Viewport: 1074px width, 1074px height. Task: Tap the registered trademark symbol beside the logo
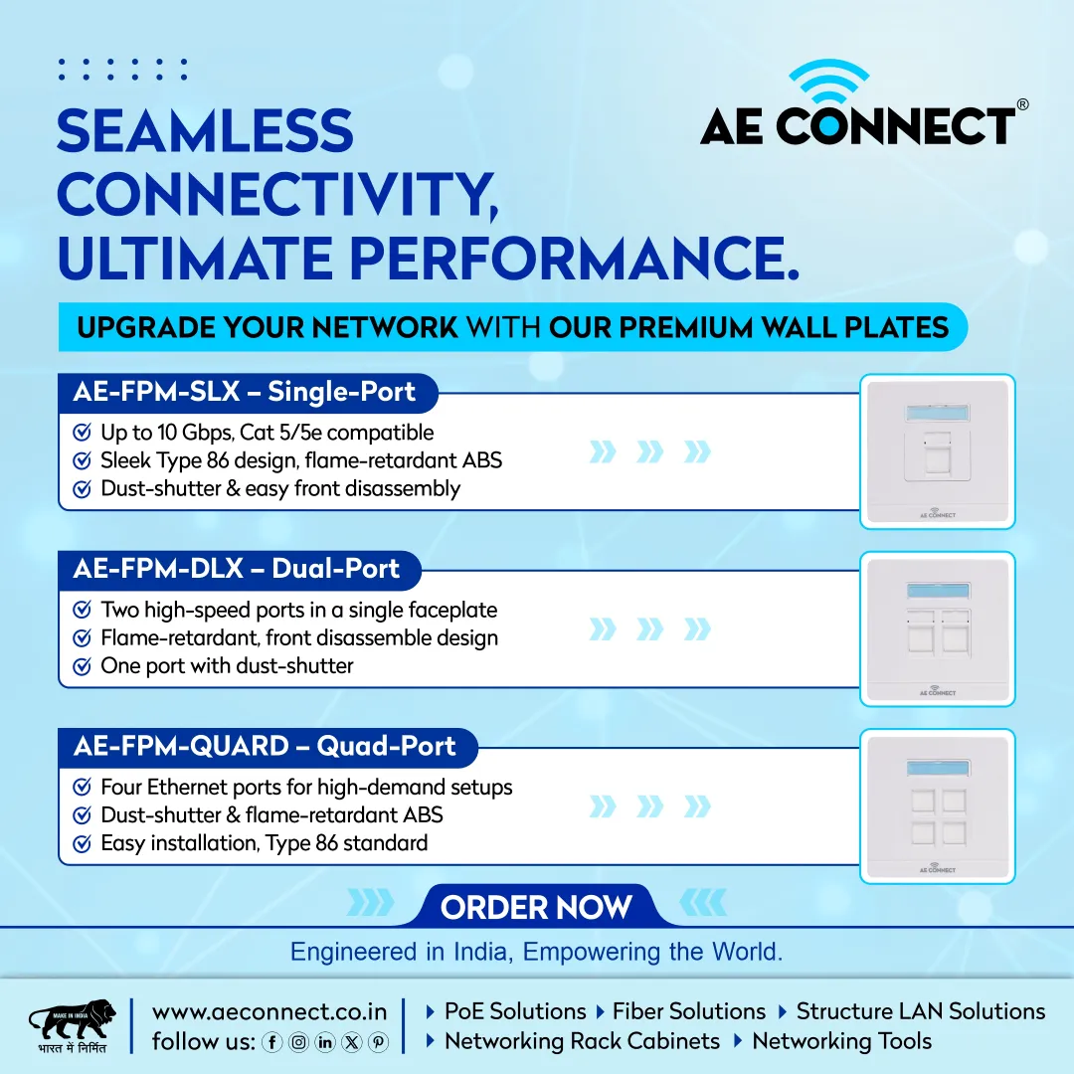(1022, 104)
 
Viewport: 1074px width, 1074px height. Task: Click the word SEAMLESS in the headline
(205, 131)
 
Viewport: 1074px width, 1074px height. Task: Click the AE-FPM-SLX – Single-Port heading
(245, 392)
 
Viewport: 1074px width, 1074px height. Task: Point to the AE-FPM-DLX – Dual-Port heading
(237, 569)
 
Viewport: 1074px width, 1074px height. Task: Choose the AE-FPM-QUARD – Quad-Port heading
(265, 746)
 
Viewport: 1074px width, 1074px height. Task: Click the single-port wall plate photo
(937, 451)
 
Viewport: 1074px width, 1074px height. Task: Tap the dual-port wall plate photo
(937, 628)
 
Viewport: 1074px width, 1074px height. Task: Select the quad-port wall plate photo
(937, 806)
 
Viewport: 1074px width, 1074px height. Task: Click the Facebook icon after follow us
(271, 1042)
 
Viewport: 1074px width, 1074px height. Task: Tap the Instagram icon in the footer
(298, 1042)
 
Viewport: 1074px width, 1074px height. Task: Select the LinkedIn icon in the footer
(324, 1042)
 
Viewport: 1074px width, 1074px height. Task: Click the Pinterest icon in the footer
(378, 1042)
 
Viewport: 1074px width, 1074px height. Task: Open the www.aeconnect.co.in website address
(269, 1011)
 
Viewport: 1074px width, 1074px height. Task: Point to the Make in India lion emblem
(72, 1020)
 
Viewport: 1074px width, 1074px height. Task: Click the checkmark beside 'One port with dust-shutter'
(83, 665)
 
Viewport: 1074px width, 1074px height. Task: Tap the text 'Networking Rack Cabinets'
(582, 1041)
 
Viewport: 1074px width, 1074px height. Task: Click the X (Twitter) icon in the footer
(351, 1042)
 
